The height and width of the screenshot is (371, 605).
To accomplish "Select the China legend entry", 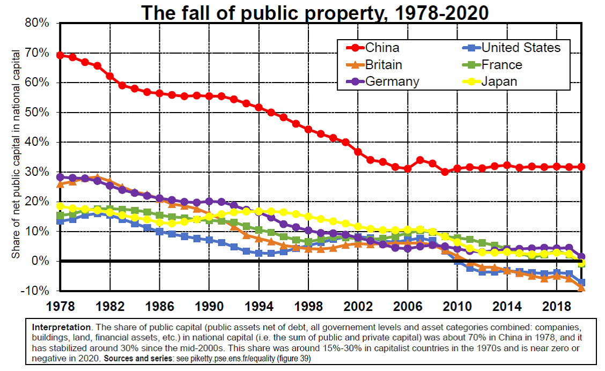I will [x=382, y=48].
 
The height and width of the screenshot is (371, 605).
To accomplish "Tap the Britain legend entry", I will [x=384, y=65].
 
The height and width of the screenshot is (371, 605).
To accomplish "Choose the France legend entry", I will [x=502, y=65].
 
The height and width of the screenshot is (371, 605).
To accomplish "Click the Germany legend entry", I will [x=392, y=81].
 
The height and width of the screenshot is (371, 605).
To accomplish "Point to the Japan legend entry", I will [x=499, y=81].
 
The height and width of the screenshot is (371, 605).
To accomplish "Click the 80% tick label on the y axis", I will [x=37, y=24].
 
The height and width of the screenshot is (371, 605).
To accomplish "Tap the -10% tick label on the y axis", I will [x=35, y=291].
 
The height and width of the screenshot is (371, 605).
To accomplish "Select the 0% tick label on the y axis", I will [x=41, y=261].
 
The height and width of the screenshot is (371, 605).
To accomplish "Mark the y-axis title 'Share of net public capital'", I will [x=16, y=153].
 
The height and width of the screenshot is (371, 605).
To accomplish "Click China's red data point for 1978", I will [x=60, y=55].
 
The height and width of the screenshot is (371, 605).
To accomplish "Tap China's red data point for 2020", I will [x=581, y=167].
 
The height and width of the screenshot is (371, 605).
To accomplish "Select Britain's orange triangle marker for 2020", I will [x=581, y=288].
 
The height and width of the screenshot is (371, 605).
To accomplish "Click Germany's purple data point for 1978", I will [x=60, y=177].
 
